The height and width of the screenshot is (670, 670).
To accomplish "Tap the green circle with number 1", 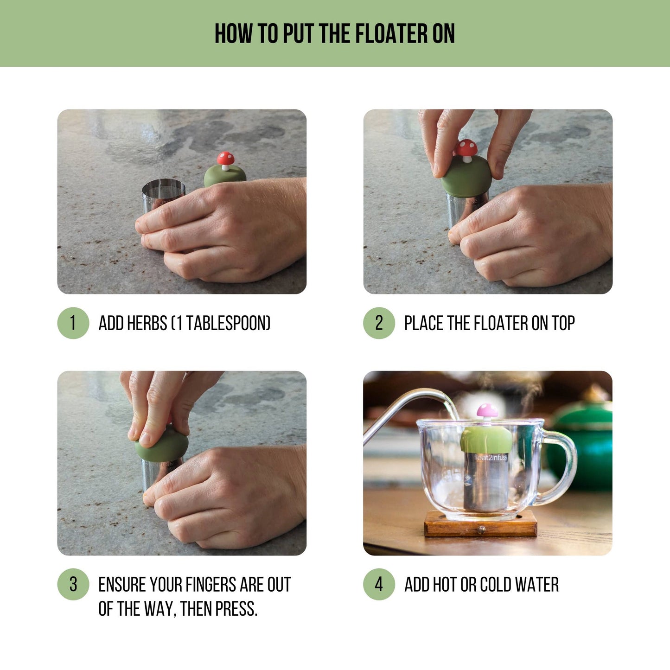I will point(73,323).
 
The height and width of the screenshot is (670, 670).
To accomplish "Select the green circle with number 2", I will point(379,323).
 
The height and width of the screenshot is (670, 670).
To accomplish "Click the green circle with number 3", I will point(73,584).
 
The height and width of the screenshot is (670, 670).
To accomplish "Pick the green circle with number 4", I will point(379,584).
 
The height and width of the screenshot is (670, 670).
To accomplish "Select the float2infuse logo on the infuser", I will point(491,458).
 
